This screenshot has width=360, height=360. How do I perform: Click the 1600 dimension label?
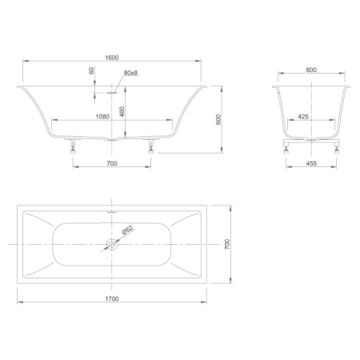tap(111, 56)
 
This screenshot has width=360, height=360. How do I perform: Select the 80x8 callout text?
tap(131, 74)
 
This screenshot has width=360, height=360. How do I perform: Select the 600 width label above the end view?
tap(311, 70)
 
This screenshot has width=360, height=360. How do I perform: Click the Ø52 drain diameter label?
tap(127, 232)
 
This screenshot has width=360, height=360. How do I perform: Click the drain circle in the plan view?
tap(111, 243)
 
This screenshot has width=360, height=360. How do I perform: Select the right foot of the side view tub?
tap(150, 146)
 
